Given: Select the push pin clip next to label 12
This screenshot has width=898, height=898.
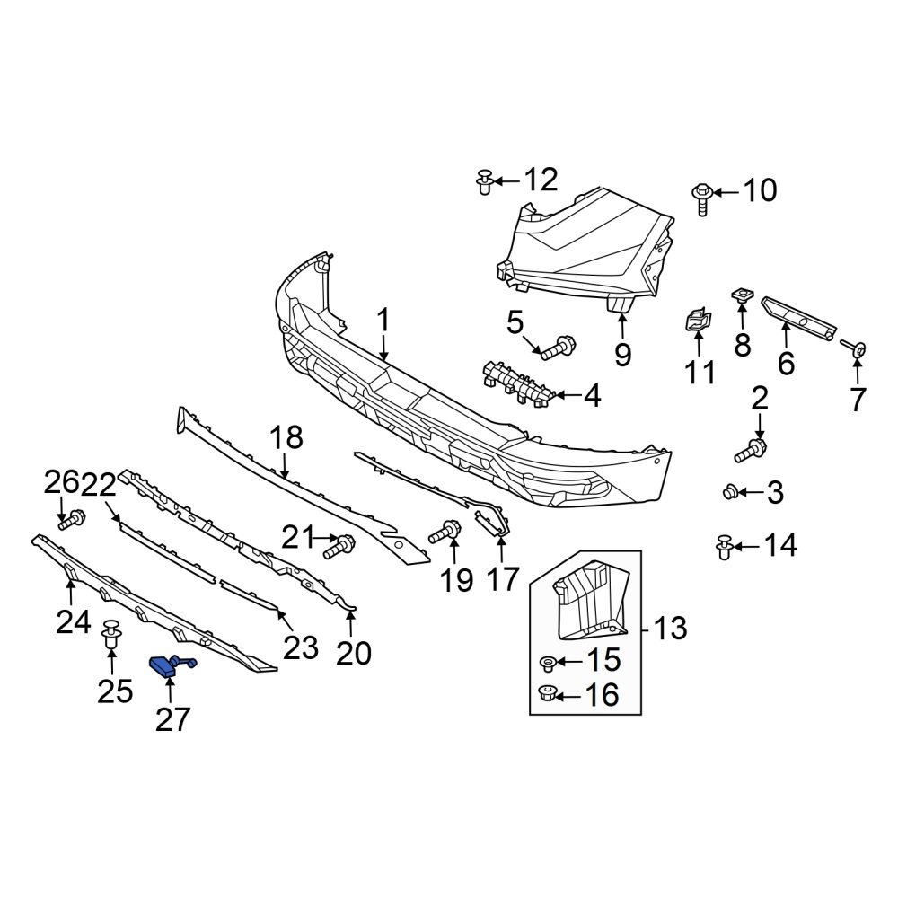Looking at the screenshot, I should tap(485, 181).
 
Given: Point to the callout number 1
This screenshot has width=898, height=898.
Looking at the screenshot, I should tap(383, 321).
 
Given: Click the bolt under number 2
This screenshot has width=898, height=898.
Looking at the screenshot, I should tap(751, 450).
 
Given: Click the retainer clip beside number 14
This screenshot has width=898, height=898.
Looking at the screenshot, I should tap(724, 545).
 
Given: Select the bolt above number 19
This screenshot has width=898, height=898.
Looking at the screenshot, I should tap(446, 532).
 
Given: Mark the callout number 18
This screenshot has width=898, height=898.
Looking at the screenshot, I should tap(287, 438).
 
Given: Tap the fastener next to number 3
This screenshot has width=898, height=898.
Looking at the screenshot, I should tap(731, 491).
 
